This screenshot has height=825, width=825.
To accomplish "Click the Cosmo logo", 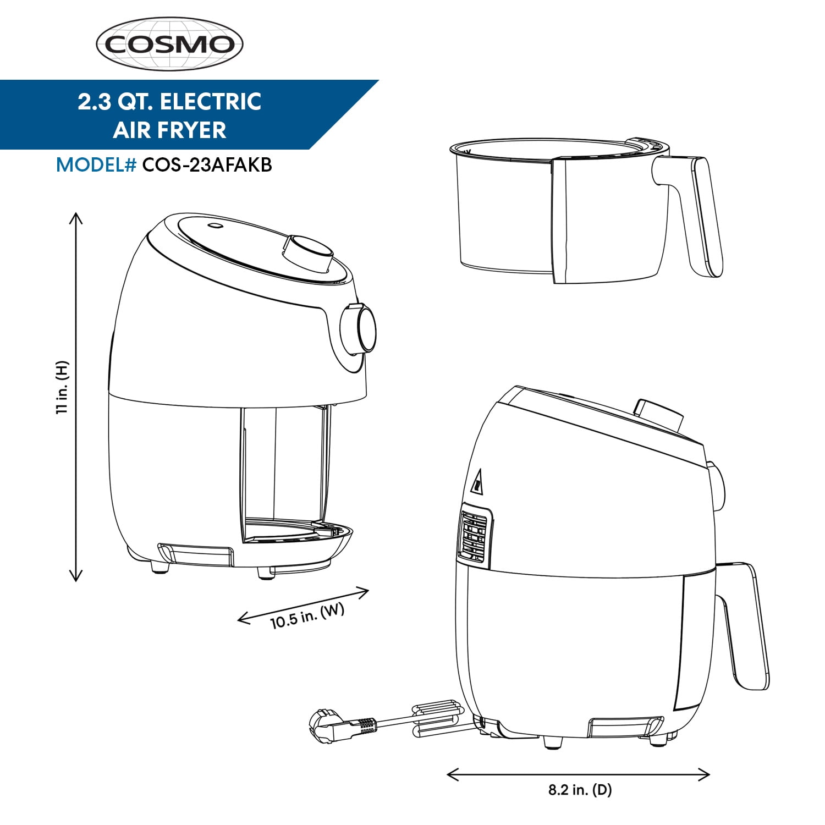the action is click(169, 44).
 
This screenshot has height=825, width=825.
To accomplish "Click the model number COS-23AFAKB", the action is click(207, 165).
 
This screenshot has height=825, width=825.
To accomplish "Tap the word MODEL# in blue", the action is click(96, 165).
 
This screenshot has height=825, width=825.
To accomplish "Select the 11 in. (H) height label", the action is click(63, 388).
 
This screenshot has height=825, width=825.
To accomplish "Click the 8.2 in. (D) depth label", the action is click(580, 790).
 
